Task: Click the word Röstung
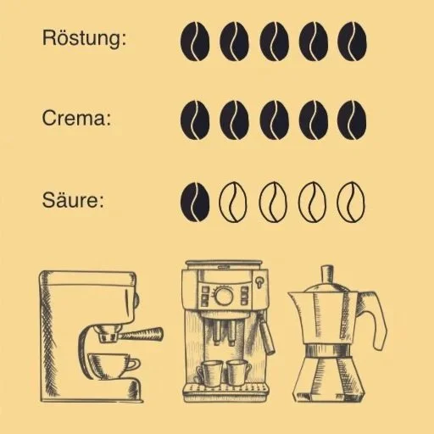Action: point(84,39)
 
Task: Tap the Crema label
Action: point(76,119)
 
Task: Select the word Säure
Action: point(73,201)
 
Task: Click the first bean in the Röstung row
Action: point(195,40)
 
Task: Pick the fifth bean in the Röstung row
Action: point(352,40)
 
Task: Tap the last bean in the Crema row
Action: point(352,121)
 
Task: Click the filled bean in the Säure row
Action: point(195,201)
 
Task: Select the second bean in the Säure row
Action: point(234,201)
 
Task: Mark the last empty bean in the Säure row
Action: point(352,201)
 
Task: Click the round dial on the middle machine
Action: point(224,296)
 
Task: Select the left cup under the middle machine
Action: point(211,371)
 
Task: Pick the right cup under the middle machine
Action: point(236,371)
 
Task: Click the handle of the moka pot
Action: point(374,318)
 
